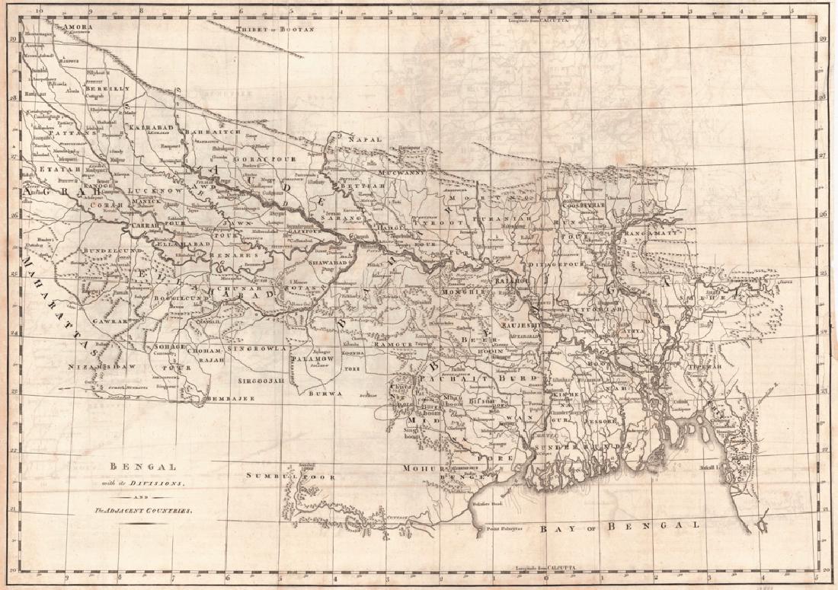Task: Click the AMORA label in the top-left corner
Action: (x=78, y=27)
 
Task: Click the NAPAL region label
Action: (x=363, y=140)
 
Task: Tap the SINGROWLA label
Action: (x=259, y=348)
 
